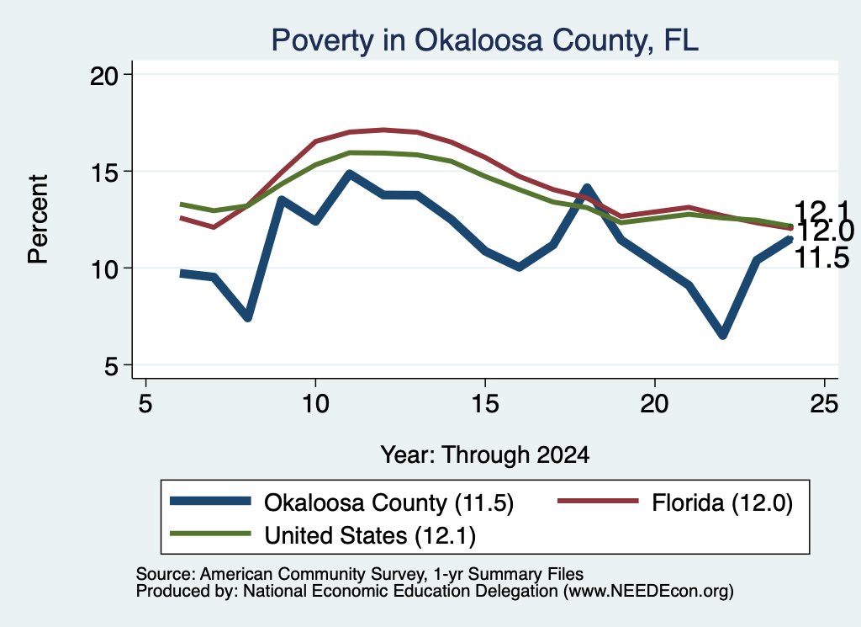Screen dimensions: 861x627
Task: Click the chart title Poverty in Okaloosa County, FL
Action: [x=485, y=40]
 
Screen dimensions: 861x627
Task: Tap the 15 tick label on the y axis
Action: [x=103, y=173]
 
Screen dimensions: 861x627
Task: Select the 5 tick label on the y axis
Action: [x=111, y=366]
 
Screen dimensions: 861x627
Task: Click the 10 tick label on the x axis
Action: [x=315, y=405]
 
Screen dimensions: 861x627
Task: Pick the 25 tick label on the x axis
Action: [x=824, y=405]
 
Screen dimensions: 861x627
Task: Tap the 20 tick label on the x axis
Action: [x=654, y=405]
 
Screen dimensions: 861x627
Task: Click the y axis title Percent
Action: [x=39, y=220]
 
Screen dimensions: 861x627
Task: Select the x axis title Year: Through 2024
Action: [x=485, y=455]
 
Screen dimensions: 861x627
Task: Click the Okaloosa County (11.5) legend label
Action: [x=388, y=502]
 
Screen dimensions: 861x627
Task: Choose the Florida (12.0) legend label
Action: [x=722, y=502]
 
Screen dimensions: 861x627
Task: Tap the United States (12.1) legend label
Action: [x=370, y=535]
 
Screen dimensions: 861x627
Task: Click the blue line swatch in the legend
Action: [x=210, y=501]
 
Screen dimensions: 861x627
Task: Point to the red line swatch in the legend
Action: [x=598, y=501]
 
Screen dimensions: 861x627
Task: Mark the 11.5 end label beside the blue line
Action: [x=822, y=258]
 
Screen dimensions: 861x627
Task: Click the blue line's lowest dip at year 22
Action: [x=722, y=334]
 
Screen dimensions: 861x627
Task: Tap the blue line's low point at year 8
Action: [x=248, y=316]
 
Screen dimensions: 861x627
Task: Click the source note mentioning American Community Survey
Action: [x=360, y=574]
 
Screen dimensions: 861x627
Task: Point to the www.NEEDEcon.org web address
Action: [x=647, y=591]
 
